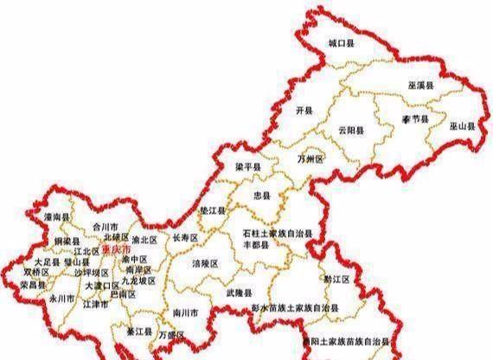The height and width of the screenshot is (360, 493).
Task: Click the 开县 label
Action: (x=303, y=112)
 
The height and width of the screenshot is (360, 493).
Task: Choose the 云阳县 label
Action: (x=351, y=131)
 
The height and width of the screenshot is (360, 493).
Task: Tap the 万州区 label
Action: (x=310, y=159)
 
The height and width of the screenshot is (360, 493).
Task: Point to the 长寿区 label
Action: (x=186, y=236)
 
